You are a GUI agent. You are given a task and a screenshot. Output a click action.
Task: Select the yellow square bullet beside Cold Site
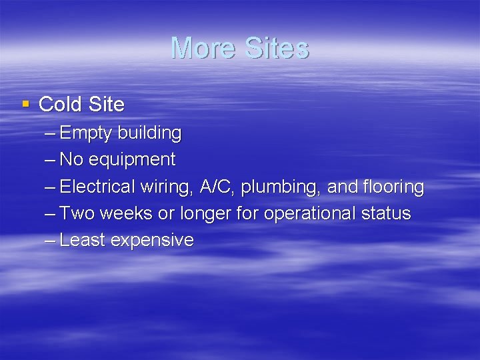click(x=26, y=103)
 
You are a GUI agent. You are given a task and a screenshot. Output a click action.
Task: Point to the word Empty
click(x=86, y=134)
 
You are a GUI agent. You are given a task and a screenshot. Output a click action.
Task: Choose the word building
click(x=149, y=133)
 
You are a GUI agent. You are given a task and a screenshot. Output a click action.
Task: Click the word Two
click(x=75, y=214)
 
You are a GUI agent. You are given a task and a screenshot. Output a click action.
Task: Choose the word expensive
click(x=152, y=241)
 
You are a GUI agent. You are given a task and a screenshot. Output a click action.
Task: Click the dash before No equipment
click(x=51, y=161)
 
